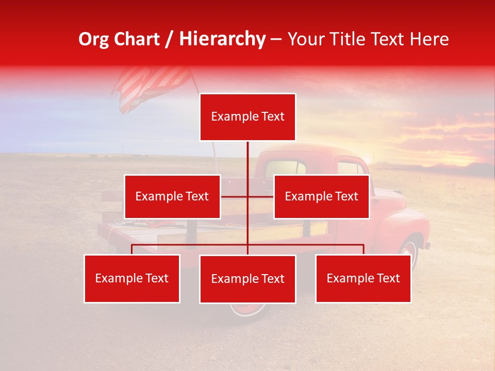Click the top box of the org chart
click(x=247, y=117)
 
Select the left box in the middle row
click(x=172, y=196)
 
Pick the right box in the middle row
click(x=321, y=196)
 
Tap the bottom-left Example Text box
click(x=132, y=278)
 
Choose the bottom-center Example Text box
click(x=247, y=279)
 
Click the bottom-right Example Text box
click(x=363, y=278)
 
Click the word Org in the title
click(x=93, y=39)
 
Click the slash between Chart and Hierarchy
click(x=170, y=39)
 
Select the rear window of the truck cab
click(x=285, y=168)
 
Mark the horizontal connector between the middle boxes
click(x=247, y=196)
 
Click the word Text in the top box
click(x=273, y=116)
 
